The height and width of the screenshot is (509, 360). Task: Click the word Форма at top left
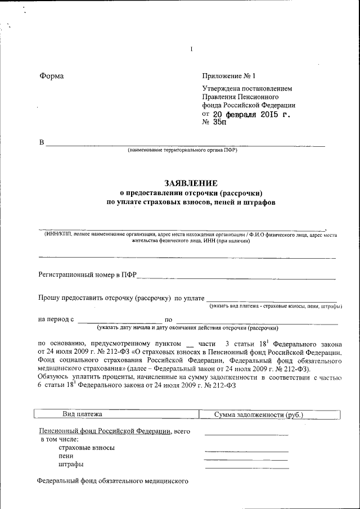point(51,76)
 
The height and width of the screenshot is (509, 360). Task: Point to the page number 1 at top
point(191,49)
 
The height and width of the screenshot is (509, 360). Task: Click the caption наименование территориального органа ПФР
point(182,151)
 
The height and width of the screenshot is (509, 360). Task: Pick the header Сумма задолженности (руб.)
point(259,415)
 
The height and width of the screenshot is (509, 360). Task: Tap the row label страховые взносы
point(87,448)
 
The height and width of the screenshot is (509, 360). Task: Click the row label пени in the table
point(66,456)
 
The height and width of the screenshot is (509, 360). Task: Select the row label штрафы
point(71,465)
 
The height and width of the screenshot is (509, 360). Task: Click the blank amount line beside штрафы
point(247,467)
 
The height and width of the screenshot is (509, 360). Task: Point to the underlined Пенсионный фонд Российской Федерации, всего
point(114,431)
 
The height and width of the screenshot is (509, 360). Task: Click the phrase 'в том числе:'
point(59,439)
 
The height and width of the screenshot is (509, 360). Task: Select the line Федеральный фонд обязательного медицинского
point(111,481)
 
